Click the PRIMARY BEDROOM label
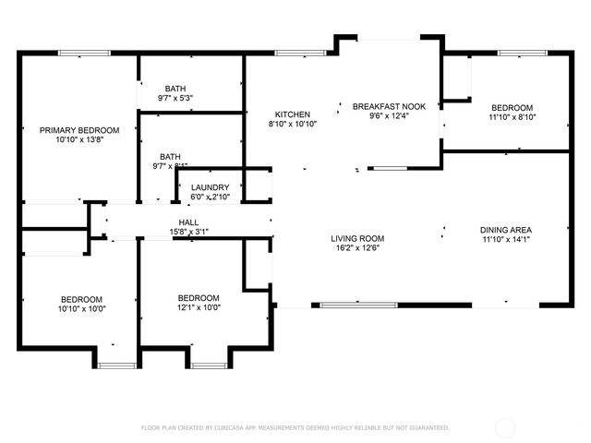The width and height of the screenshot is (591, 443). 78,130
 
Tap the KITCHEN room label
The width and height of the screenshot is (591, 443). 292,114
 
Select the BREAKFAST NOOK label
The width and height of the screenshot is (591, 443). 389,106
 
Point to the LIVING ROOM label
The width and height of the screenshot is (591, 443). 357,238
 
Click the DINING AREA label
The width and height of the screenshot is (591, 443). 505,230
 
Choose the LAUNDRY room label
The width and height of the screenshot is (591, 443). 210,187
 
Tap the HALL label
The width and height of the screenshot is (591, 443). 188,222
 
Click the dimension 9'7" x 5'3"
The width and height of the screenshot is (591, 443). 175,98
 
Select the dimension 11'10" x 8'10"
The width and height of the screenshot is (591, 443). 512,117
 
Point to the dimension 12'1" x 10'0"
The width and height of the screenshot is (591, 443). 199,307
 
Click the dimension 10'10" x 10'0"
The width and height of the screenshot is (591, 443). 83,308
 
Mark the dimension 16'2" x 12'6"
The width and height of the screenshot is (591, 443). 357,247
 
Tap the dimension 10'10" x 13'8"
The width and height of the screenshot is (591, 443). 78,139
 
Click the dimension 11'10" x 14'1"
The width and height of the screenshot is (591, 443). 505,239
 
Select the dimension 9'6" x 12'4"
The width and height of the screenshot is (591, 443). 389,116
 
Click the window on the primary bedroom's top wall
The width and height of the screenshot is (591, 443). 78,54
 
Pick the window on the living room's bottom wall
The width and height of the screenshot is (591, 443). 359,304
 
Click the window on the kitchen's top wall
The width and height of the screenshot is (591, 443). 294,54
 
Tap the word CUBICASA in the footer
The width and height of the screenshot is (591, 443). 236,427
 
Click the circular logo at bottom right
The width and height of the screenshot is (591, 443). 506,427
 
